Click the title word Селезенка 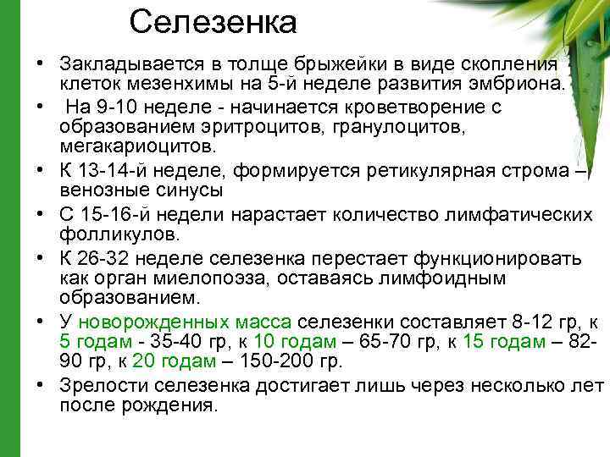tap(213, 22)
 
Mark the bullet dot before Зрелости tap(41, 383)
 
